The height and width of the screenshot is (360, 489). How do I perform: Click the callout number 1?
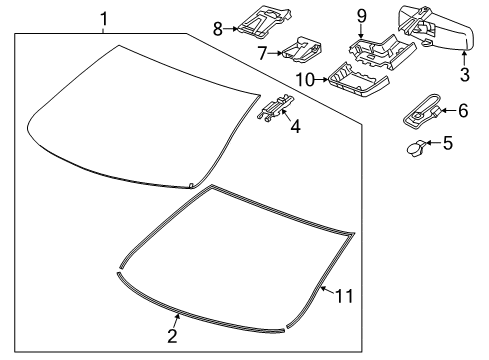click(x=103, y=17)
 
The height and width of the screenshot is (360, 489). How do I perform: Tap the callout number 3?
click(x=464, y=74)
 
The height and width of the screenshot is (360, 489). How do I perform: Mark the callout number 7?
click(x=262, y=51)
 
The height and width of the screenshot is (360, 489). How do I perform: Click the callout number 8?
click(x=216, y=29)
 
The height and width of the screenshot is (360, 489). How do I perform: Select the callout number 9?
click(x=362, y=16)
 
